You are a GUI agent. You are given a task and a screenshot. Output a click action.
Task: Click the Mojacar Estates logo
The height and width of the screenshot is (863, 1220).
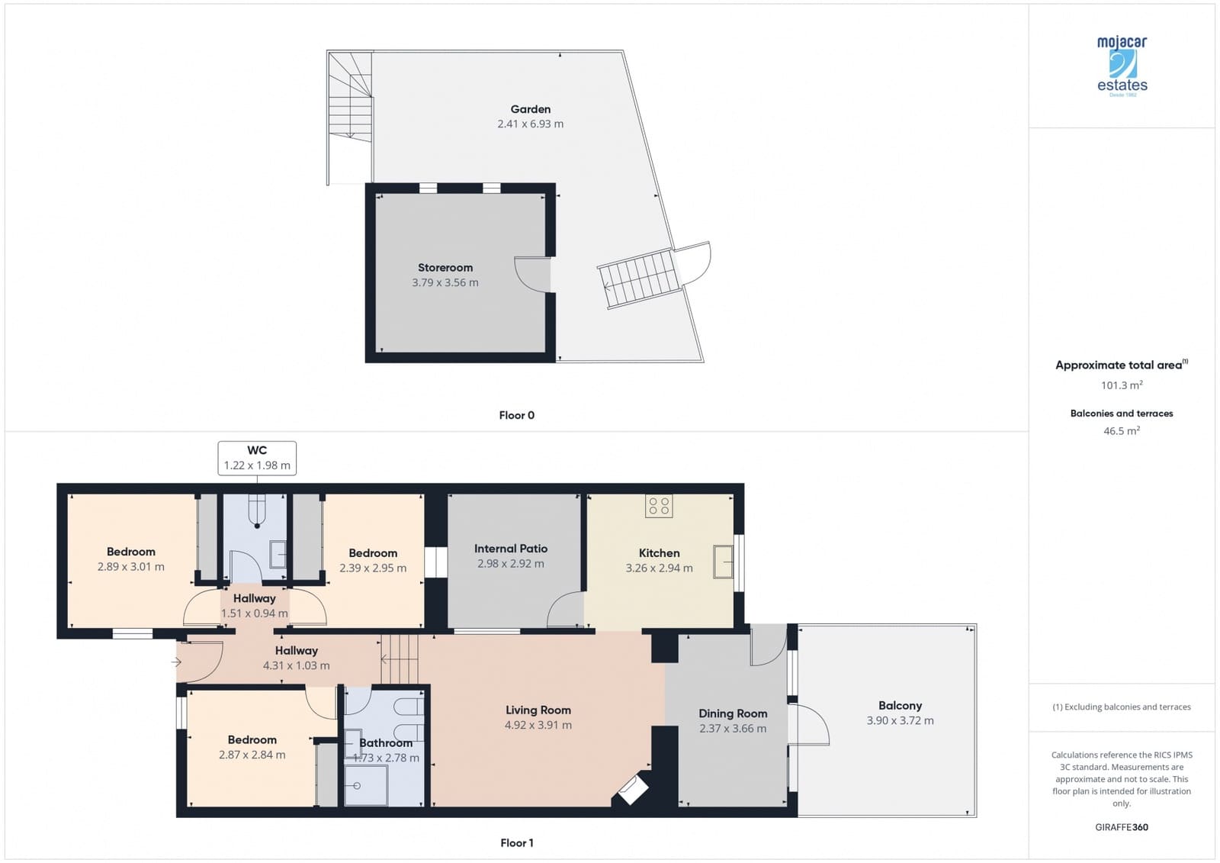click(1122, 66)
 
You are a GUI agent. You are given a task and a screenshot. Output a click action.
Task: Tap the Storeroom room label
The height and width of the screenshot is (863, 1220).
click(445, 268)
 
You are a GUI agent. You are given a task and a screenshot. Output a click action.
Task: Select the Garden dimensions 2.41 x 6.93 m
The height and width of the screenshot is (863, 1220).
click(530, 124)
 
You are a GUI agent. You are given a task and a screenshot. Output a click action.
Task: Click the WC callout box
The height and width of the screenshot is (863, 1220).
click(257, 458)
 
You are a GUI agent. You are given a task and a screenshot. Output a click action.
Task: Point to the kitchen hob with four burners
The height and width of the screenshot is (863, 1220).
click(659, 506)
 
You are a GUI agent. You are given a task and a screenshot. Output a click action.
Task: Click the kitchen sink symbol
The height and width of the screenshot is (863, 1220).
click(722, 562)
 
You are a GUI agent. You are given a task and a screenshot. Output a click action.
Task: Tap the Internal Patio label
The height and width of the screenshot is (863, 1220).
click(510, 549)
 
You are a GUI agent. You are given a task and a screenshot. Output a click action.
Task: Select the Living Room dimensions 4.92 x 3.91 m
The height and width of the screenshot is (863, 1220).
click(538, 725)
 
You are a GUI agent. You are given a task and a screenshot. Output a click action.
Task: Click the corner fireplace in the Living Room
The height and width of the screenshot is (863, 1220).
click(632, 790)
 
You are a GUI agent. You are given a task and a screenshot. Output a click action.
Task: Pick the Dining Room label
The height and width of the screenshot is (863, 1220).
click(733, 713)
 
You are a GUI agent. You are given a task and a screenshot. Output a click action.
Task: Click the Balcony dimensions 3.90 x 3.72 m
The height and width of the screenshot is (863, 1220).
click(900, 720)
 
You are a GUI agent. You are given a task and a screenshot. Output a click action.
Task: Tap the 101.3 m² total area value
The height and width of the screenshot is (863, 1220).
click(1122, 385)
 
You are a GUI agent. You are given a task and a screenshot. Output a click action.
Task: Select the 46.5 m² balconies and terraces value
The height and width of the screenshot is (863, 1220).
click(1122, 431)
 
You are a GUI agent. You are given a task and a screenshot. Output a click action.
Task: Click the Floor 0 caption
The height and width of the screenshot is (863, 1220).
click(516, 415)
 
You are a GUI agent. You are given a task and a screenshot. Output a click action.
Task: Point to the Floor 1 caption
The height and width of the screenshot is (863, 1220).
click(516, 842)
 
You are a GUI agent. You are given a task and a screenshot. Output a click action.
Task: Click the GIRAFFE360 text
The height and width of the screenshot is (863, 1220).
click(1122, 827)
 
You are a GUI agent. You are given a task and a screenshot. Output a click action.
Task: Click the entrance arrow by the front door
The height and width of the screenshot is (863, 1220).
click(176, 662)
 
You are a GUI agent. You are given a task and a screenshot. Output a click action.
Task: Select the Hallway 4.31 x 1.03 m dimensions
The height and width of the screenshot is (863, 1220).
click(296, 665)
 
